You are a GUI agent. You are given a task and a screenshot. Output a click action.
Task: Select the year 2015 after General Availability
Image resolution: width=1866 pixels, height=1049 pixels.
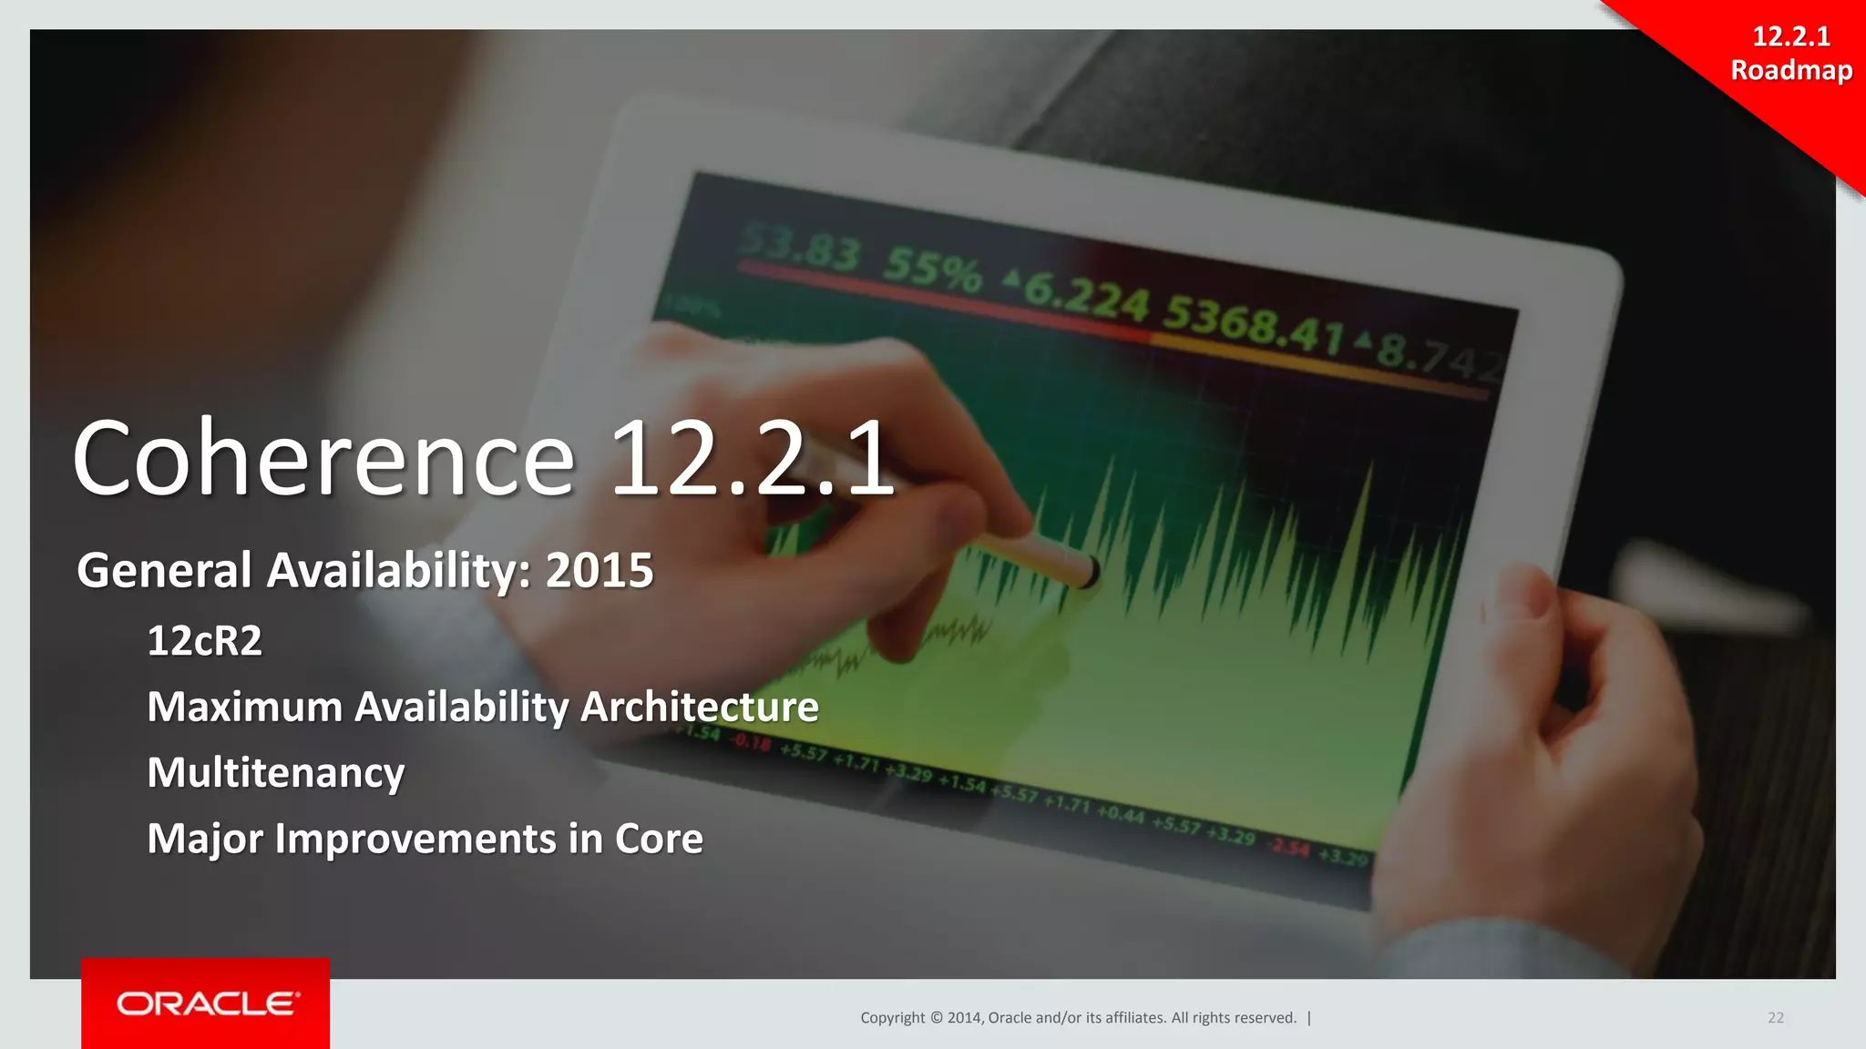point(600,571)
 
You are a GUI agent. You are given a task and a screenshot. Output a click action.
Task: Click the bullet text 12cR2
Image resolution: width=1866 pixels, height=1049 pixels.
point(204,641)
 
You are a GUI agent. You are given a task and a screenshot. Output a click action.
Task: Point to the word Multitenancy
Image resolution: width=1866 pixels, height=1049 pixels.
point(276,773)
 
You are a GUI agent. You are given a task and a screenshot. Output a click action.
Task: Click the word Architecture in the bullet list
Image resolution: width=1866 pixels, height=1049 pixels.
point(700,708)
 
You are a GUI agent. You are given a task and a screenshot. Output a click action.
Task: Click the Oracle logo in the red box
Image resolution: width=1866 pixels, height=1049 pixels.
point(206,1003)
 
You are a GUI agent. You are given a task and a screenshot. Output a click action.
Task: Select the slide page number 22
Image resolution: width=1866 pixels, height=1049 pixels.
point(1776,1018)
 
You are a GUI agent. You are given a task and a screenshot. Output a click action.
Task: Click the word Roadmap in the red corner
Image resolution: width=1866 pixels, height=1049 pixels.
point(1791,70)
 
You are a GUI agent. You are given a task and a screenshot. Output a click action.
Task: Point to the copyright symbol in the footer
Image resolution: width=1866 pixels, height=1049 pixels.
point(935,1018)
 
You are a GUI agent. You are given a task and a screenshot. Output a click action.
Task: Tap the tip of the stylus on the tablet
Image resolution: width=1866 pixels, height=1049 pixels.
point(1090,573)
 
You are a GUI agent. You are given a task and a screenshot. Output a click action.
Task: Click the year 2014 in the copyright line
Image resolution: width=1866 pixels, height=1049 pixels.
point(964,1018)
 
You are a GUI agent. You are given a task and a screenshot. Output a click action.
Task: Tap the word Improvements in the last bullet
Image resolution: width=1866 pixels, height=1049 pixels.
point(415,839)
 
